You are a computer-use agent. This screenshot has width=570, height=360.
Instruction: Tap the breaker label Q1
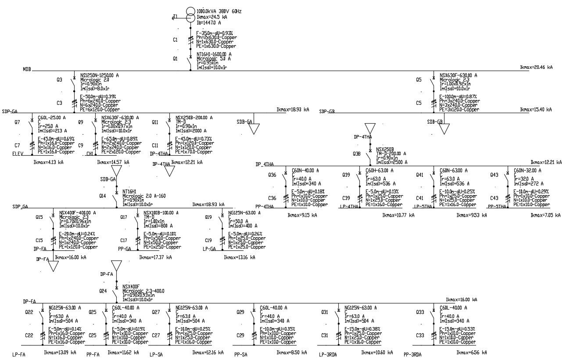pyautogui.click(x=175, y=58)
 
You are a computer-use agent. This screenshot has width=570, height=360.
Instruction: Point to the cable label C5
pyautogui.click(x=419, y=103)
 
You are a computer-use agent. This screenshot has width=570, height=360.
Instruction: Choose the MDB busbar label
pyautogui.click(x=27, y=69)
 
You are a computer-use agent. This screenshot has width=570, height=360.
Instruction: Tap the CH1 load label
pyautogui.click(x=90, y=153)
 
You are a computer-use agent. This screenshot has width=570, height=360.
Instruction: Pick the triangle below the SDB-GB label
pyautogui.click(x=445, y=128)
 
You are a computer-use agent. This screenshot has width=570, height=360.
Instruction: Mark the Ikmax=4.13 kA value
pyautogui.click(x=48, y=162)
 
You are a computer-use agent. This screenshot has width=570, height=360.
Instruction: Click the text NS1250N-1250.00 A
pyautogui.click(x=100, y=75)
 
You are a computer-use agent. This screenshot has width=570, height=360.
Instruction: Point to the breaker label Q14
pyautogui.click(x=103, y=196)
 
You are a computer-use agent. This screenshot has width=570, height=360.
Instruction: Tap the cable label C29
pyautogui.click(x=240, y=335)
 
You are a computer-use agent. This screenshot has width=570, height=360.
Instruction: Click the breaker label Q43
pyautogui.click(x=495, y=175)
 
